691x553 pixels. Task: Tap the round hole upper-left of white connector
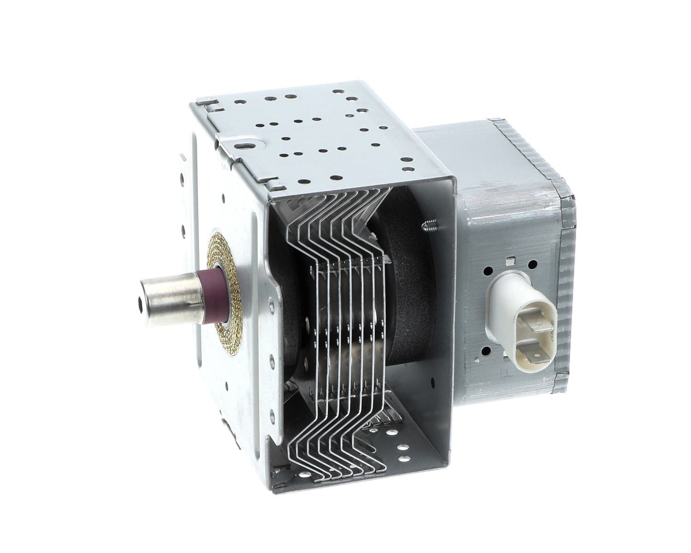(x=488, y=271)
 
